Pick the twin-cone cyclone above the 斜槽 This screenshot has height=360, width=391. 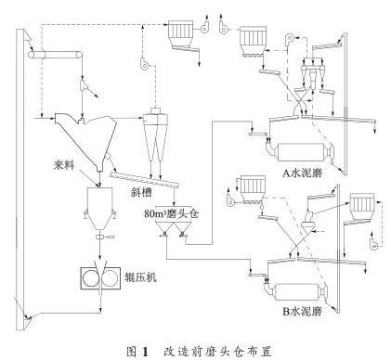[x=155, y=139]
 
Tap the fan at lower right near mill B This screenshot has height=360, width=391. [x=374, y=243]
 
